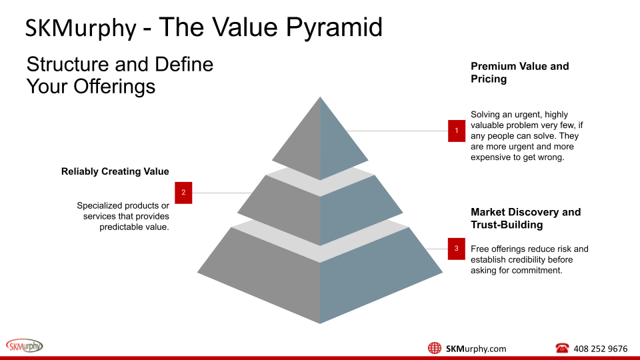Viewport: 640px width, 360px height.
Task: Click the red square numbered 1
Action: (x=457, y=131)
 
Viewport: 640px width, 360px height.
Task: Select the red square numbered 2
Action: (x=183, y=193)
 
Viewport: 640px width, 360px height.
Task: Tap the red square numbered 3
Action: (x=456, y=249)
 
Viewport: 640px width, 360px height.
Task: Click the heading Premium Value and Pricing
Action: (x=519, y=73)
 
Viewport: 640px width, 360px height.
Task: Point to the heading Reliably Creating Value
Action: (x=115, y=171)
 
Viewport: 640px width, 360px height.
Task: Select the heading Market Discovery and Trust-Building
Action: (x=525, y=218)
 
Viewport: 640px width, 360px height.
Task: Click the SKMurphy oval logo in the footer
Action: (x=24, y=345)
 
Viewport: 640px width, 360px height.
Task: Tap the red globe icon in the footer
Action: (x=435, y=348)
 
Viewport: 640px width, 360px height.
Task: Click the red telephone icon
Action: (x=561, y=348)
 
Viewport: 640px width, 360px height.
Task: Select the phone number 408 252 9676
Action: (x=600, y=349)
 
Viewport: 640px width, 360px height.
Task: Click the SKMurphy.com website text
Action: (x=475, y=349)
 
